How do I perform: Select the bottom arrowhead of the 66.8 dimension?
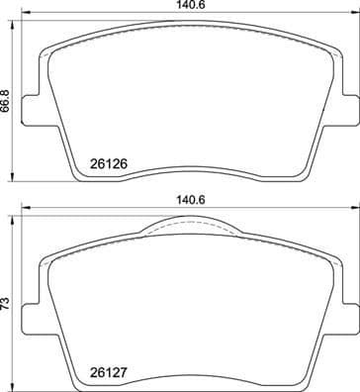(16, 180)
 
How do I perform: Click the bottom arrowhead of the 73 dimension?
(16, 387)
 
